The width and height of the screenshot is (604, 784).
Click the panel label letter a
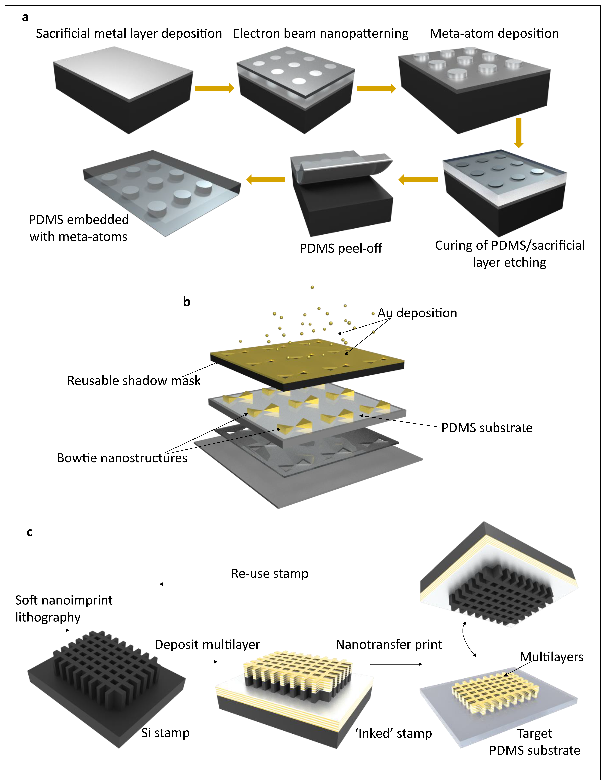25,17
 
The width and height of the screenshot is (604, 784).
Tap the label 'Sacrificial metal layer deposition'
129,34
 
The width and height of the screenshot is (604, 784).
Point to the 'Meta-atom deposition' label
494,34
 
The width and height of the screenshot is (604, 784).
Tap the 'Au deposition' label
417,313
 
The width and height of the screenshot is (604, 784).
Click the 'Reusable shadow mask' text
134,381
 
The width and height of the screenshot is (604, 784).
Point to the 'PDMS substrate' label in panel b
487,428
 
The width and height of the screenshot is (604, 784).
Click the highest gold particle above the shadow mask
312,287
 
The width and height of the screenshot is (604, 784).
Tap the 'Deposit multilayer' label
207,644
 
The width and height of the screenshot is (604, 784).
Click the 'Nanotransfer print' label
389,644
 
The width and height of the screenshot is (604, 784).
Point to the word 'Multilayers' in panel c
551,657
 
